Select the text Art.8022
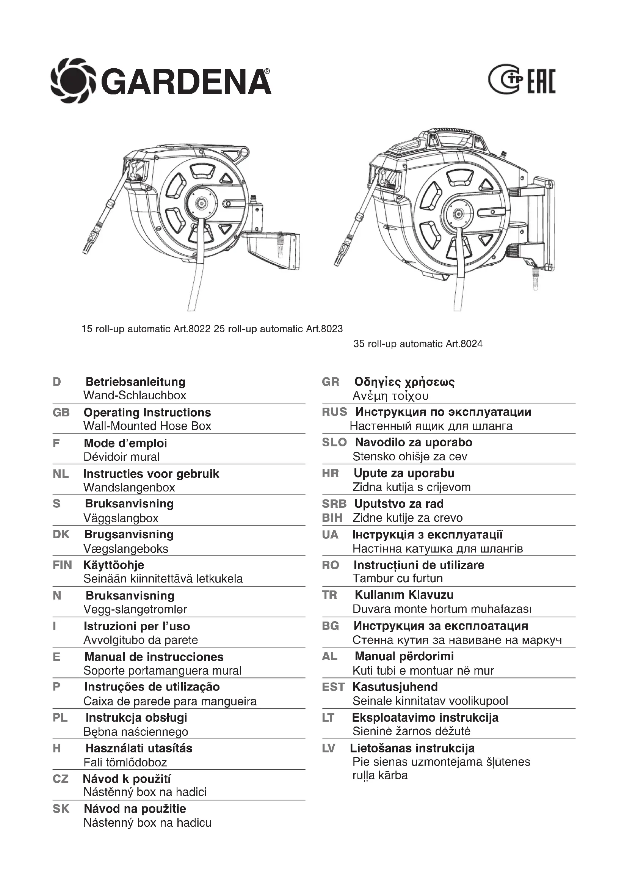pyautogui.click(x=191, y=329)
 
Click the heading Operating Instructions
pyautogui.click(x=147, y=412)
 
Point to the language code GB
pyautogui.click(x=61, y=412)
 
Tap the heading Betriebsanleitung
pyautogui.click(x=135, y=382)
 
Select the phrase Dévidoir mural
pyautogui.click(x=121, y=457)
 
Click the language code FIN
pyautogui.click(x=62, y=565)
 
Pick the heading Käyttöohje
pyautogui.click(x=113, y=565)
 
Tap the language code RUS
pyautogui.click(x=334, y=412)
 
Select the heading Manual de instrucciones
pyautogui.click(x=154, y=657)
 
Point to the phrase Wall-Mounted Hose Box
pyautogui.click(x=147, y=426)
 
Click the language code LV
pyautogui.click(x=329, y=748)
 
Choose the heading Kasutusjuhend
pyautogui.click(x=395, y=687)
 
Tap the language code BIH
pyautogui.click(x=332, y=518)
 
